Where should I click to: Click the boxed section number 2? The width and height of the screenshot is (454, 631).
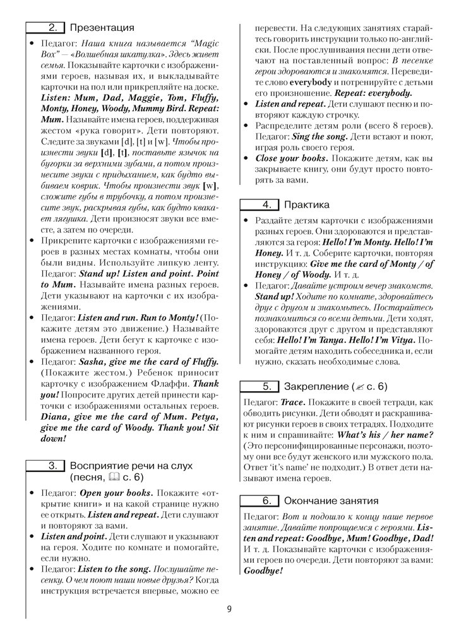pos(52,27)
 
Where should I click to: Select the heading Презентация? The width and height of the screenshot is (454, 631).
pos(102,27)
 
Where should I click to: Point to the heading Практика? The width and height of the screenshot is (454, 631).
pos(307,204)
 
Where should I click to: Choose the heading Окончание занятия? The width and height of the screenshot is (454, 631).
pos(332,501)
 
